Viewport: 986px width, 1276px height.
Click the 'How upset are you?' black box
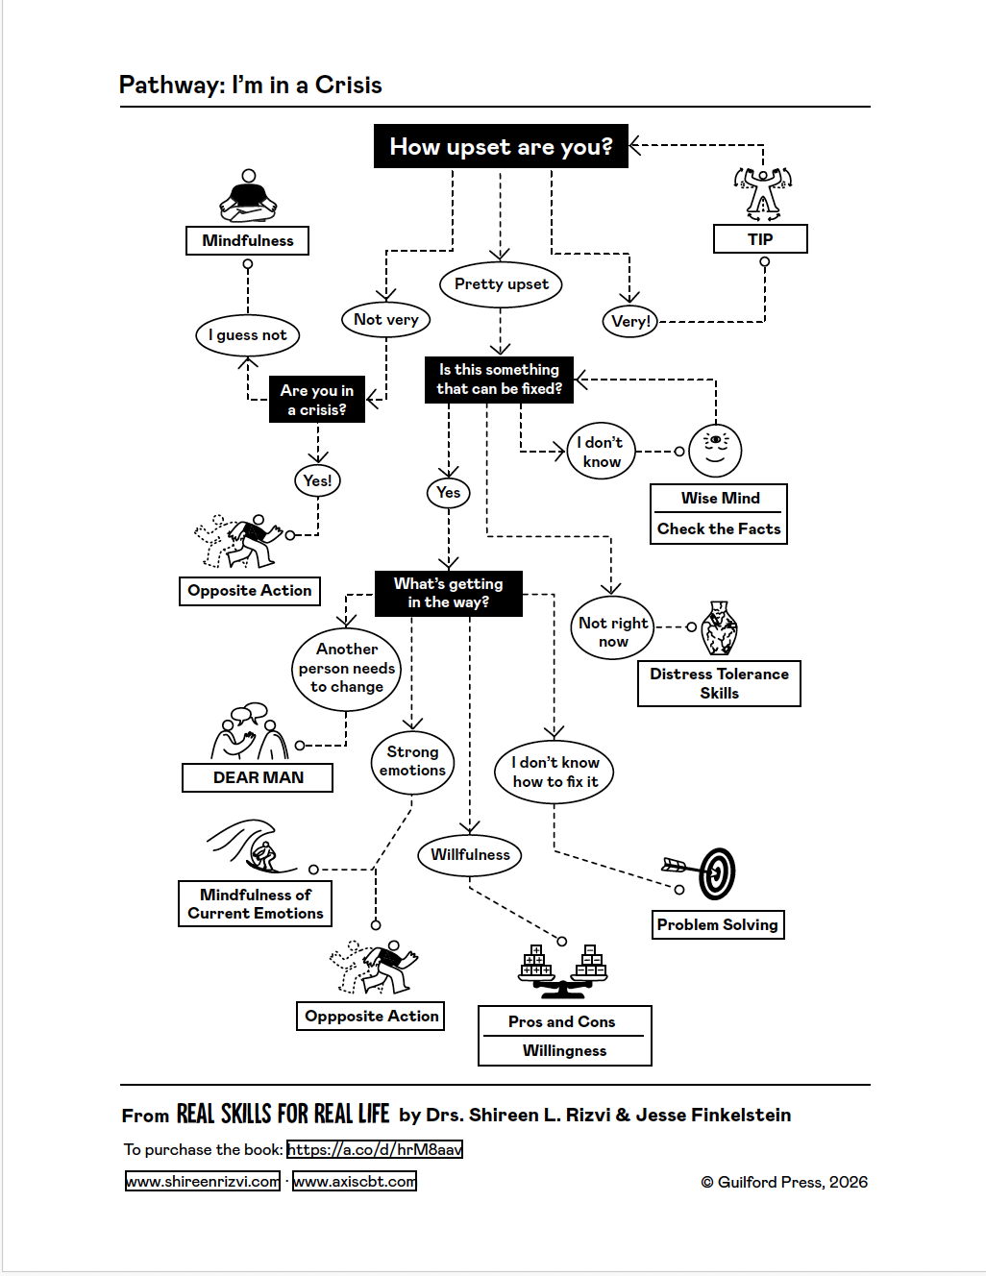[501, 146]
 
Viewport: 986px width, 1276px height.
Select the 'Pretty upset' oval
[501, 284]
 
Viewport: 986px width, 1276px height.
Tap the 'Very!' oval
[630, 321]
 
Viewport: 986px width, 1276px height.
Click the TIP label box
[760, 239]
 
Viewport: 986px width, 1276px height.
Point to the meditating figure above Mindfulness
[248, 196]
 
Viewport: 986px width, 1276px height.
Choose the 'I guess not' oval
[248, 335]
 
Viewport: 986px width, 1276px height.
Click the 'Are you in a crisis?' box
[317, 400]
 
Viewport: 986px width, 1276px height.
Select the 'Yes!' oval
[317, 480]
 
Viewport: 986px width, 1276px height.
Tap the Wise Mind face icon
[716, 450]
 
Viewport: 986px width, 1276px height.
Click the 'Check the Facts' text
[719, 528]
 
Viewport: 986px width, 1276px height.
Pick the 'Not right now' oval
[613, 631]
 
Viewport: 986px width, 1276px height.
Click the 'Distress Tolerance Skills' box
[719, 683]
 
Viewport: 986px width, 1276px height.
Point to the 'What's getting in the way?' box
[448, 593]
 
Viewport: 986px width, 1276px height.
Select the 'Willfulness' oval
[470, 854]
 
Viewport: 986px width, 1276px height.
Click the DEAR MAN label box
[258, 777]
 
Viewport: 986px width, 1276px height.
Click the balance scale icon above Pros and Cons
[563, 970]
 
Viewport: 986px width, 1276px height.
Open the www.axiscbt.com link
[355, 1181]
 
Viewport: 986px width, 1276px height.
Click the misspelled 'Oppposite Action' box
[371, 1016]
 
